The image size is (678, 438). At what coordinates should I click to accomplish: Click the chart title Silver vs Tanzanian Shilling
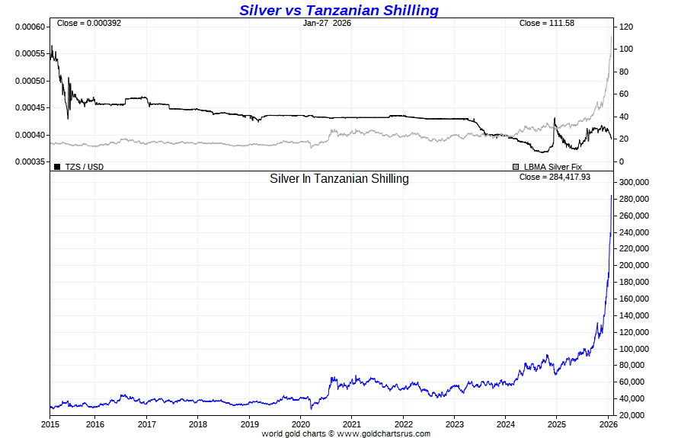tap(339, 10)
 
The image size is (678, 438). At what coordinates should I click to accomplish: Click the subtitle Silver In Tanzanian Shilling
tap(339, 179)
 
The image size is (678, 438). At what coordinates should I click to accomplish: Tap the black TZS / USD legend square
tap(57, 166)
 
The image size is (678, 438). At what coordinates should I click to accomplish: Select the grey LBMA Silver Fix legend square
tap(516, 166)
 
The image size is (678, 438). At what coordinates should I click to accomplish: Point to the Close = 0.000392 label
tap(89, 23)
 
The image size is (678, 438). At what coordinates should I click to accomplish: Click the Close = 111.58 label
tap(546, 23)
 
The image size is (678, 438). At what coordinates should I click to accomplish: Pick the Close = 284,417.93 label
tap(555, 177)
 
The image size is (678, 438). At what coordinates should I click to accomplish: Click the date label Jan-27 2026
tap(327, 23)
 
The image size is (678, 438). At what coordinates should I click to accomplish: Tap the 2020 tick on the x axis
tap(301, 424)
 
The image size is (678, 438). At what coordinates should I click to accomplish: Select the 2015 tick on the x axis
tap(50, 424)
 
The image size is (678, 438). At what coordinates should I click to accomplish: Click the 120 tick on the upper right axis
tap(626, 27)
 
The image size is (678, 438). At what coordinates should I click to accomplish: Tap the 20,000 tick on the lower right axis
tap(636, 415)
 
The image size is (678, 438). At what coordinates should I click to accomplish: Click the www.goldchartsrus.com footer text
tap(383, 433)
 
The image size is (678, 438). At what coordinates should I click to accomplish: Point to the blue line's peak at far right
tap(611, 196)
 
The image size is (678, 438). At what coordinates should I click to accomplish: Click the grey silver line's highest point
tap(611, 37)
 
